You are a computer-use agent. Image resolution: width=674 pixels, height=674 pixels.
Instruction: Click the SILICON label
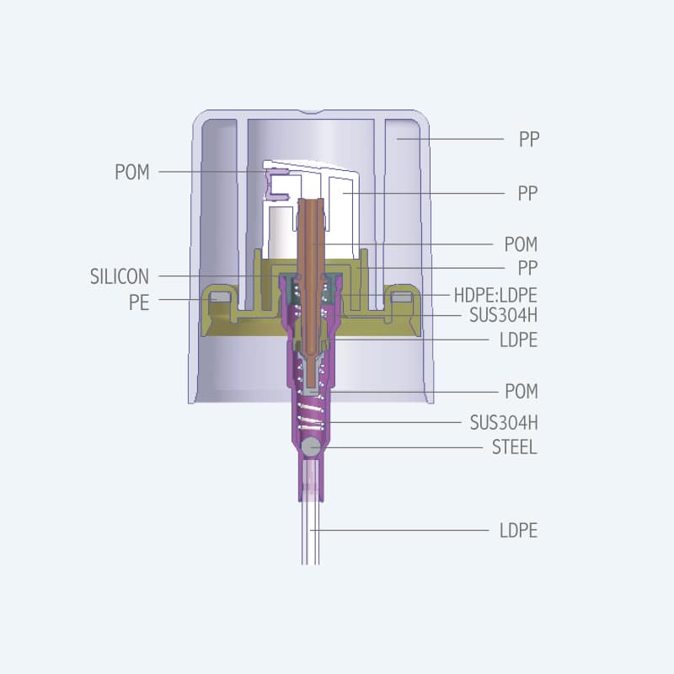click(119, 275)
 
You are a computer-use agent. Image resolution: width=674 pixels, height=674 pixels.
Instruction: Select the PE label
click(139, 302)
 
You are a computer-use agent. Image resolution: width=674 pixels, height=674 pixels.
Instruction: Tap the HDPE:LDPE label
click(495, 295)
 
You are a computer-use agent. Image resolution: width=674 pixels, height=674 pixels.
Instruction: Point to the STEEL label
click(514, 447)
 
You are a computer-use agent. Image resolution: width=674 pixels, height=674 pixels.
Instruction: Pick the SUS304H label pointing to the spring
click(504, 422)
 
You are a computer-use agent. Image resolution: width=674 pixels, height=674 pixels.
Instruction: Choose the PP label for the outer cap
click(528, 140)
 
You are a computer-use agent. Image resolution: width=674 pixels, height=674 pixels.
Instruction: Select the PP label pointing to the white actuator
click(527, 194)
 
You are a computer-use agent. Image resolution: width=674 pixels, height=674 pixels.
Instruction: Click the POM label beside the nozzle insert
click(132, 172)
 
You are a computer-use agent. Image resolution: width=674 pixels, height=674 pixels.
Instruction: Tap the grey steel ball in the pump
click(311, 447)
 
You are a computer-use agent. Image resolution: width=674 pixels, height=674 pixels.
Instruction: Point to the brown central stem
click(312, 270)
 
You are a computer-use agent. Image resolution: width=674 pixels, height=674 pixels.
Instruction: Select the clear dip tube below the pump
click(311, 531)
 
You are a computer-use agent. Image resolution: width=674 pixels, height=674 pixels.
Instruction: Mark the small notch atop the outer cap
click(313, 111)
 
